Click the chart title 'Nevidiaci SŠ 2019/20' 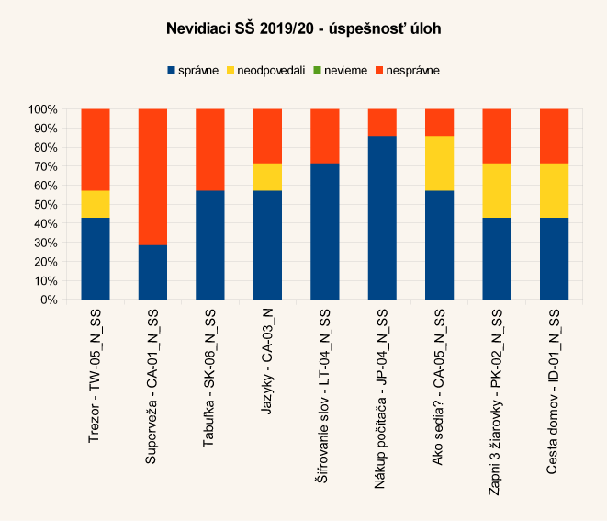click(x=303, y=29)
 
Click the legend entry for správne click(x=193, y=70)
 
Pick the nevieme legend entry click(x=348, y=70)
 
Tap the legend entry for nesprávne click(x=412, y=70)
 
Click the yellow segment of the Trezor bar click(x=96, y=204)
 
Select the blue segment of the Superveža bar click(x=152, y=272)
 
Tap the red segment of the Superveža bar click(x=152, y=177)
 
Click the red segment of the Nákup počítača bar click(x=381, y=122)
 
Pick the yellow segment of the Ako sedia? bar click(x=439, y=164)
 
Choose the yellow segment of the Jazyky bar click(x=267, y=176)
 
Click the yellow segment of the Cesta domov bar click(x=554, y=190)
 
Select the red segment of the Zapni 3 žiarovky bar click(x=496, y=136)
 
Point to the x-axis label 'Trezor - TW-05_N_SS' click(x=96, y=378)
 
